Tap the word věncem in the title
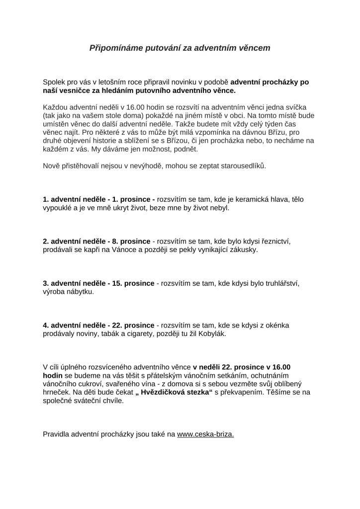point(254,48)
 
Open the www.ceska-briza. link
point(205,434)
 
